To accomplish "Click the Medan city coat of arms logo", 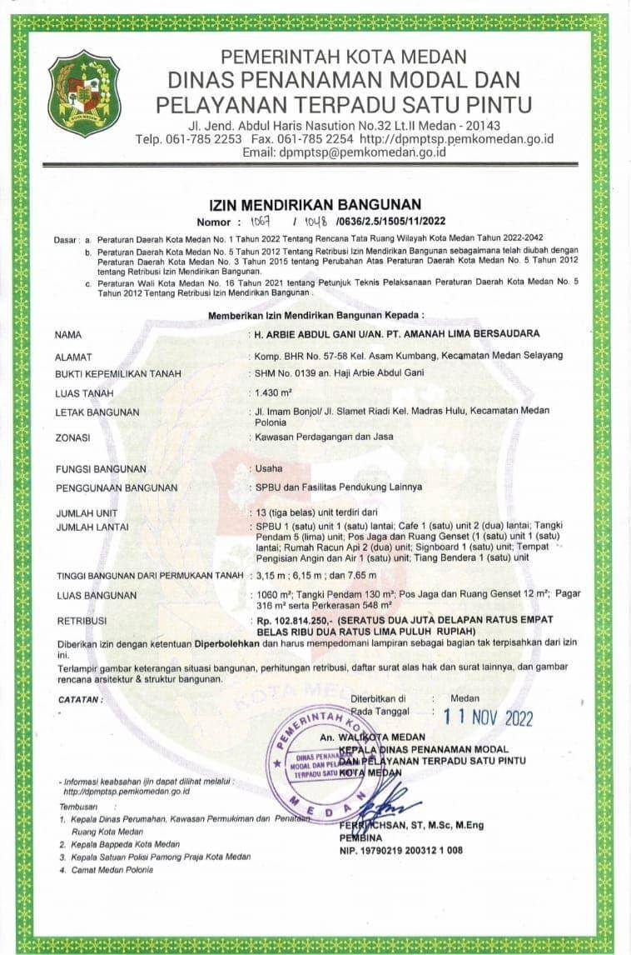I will pyautogui.click(x=84, y=92).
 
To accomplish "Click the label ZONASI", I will pyautogui.click(x=73, y=437).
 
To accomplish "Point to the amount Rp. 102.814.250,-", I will pyautogui.click(x=295, y=622).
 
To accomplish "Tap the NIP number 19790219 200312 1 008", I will pyautogui.click(x=400, y=850).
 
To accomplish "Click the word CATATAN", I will pyautogui.click(x=80, y=699).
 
